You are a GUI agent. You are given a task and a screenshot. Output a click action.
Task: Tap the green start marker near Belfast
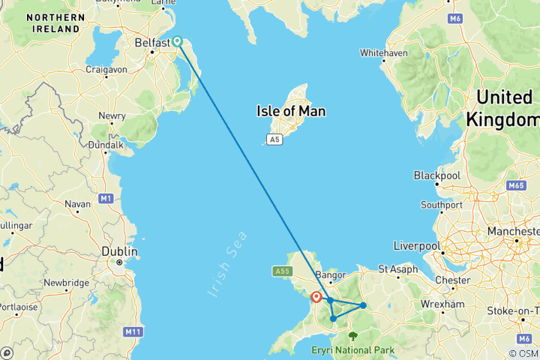(177, 42)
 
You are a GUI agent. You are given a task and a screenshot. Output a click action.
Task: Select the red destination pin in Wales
(316, 297)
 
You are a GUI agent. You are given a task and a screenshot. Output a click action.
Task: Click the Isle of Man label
(291, 111)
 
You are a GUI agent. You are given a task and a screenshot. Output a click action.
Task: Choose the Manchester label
(515, 232)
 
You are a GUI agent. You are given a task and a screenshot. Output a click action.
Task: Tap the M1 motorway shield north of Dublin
(106, 198)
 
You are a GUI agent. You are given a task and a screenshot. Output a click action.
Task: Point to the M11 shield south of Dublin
(133, 331)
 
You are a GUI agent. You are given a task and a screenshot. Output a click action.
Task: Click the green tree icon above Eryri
(352, 337)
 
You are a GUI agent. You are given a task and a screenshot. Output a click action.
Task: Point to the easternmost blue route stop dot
(363, 305)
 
